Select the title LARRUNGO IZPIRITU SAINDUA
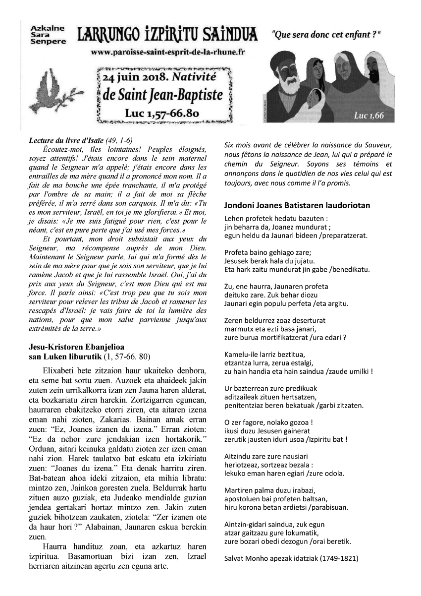pyautogui.click(x=167, y=35)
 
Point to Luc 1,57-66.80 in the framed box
pyautogui.click(x=162, y=114)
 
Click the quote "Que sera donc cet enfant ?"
pyautogui.click(x=326, y=35)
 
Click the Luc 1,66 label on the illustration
pyautogui.click(x=369, y=116)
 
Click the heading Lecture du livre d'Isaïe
pyautogui.click(x=80, y=140)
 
